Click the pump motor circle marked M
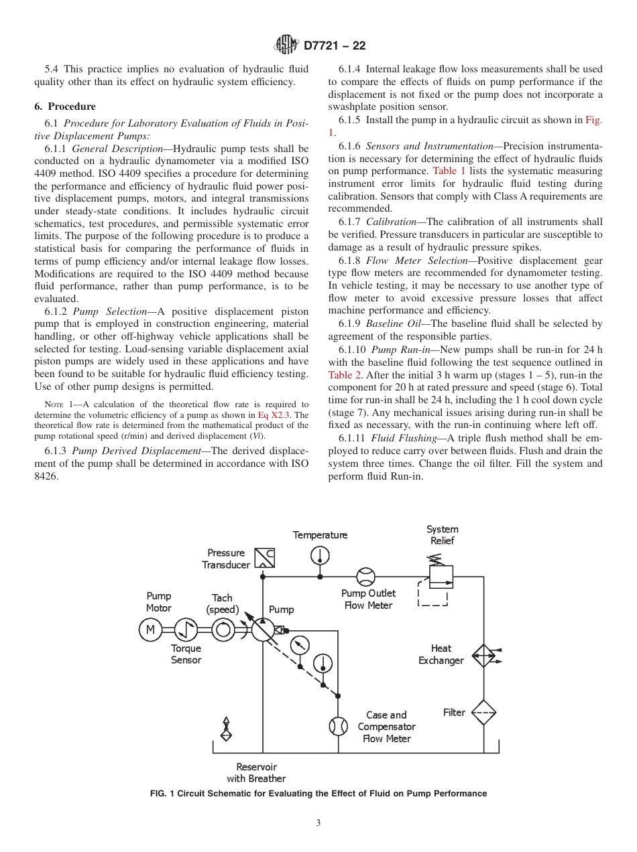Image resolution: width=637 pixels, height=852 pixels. (150, 629)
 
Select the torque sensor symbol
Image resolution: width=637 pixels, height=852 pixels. (186, 629)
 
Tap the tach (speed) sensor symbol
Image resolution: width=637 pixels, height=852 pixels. (223, 629)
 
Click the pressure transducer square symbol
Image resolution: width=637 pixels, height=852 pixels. (265, 557)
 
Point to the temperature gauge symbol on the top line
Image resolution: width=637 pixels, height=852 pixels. (320, 555)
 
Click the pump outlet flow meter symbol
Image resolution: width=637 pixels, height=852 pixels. (365, 577)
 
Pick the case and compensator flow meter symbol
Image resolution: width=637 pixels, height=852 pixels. (339, 726)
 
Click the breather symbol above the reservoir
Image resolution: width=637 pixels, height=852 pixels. (226, 729)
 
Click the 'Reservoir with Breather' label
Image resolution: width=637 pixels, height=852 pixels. (256, 772)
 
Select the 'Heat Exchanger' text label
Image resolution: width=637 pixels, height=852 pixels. (441, 654)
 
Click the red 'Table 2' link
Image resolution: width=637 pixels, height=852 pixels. (344, 375)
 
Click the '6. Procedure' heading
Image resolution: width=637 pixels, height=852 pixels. (65, 106)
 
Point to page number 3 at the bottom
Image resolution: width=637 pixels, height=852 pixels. (318, 823)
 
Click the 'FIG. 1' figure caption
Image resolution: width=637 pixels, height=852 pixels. (318, 794)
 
